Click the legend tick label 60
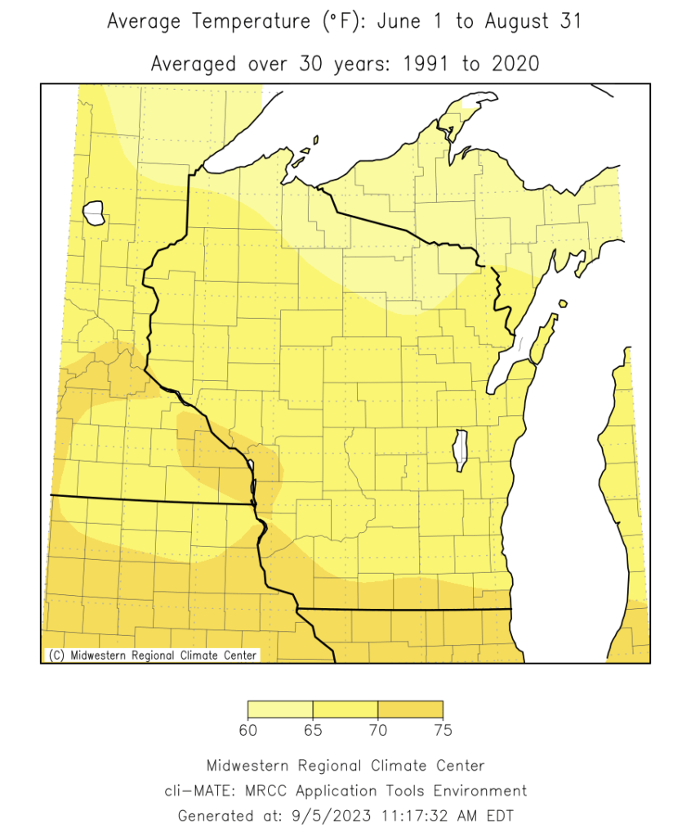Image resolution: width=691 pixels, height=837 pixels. pos(248,729)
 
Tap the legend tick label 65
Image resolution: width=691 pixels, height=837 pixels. pos(313,729)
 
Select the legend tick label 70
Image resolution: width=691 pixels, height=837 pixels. pos(377,729)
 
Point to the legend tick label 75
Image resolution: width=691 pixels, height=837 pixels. pos(443,729)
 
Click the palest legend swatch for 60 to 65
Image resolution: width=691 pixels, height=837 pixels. pos(280,709)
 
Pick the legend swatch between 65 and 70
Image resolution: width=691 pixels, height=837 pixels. pos(345,709)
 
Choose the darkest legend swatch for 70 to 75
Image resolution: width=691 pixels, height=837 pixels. pos(410,709)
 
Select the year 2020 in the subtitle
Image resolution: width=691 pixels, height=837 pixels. pos(513,64)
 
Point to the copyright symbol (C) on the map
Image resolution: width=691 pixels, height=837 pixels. pos(56,655)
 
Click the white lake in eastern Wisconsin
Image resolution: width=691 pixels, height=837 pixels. pos(461,450)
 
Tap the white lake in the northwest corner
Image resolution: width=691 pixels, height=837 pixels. pos(95,214)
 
